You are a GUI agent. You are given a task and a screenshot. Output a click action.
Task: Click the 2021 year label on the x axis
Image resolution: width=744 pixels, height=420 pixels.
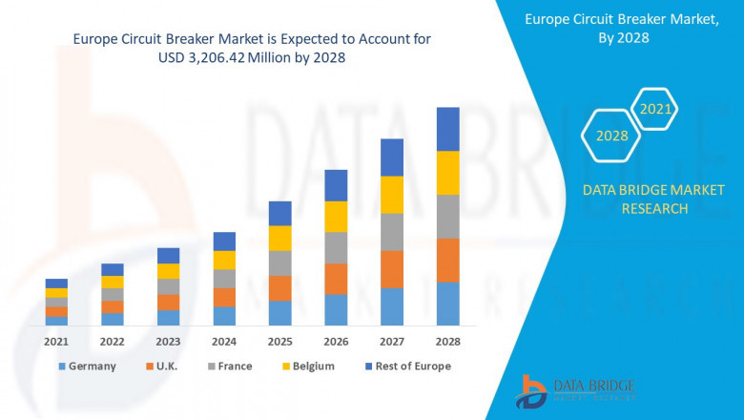click(x=56, y=341)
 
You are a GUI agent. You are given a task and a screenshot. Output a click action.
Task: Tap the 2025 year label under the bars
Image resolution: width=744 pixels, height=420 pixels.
click(x=279, y=341)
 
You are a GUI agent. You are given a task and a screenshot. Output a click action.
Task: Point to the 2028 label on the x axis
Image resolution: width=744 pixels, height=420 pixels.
click(x=447, y=341)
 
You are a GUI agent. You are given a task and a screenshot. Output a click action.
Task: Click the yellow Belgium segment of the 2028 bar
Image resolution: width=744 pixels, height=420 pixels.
click(x=447, y=173)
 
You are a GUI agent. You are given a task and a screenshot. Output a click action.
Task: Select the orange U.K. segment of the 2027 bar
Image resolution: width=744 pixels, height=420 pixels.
click(x=392, y=269)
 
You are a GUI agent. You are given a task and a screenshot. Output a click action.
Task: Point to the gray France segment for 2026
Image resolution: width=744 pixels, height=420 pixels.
click(x=336, y=247)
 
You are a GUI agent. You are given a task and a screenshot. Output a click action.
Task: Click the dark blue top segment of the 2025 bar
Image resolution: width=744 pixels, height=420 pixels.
click(x=279, y=213)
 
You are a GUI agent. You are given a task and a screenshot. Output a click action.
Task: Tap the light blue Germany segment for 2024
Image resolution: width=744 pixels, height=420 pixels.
click(x=224, y=316)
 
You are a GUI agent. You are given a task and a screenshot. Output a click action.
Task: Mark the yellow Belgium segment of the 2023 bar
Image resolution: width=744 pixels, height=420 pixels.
click(x=168, y=271)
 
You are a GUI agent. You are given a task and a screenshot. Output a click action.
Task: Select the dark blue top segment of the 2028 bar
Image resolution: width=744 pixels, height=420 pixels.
click(x=447, y=129)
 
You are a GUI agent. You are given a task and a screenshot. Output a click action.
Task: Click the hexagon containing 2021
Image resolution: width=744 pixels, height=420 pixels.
click(x=654, y=110)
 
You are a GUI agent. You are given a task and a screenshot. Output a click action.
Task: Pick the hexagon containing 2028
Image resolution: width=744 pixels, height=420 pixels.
click(x=611, y=136)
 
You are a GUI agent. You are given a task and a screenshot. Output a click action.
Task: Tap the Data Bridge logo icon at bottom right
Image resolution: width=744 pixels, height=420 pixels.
click(x=531, y=391)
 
